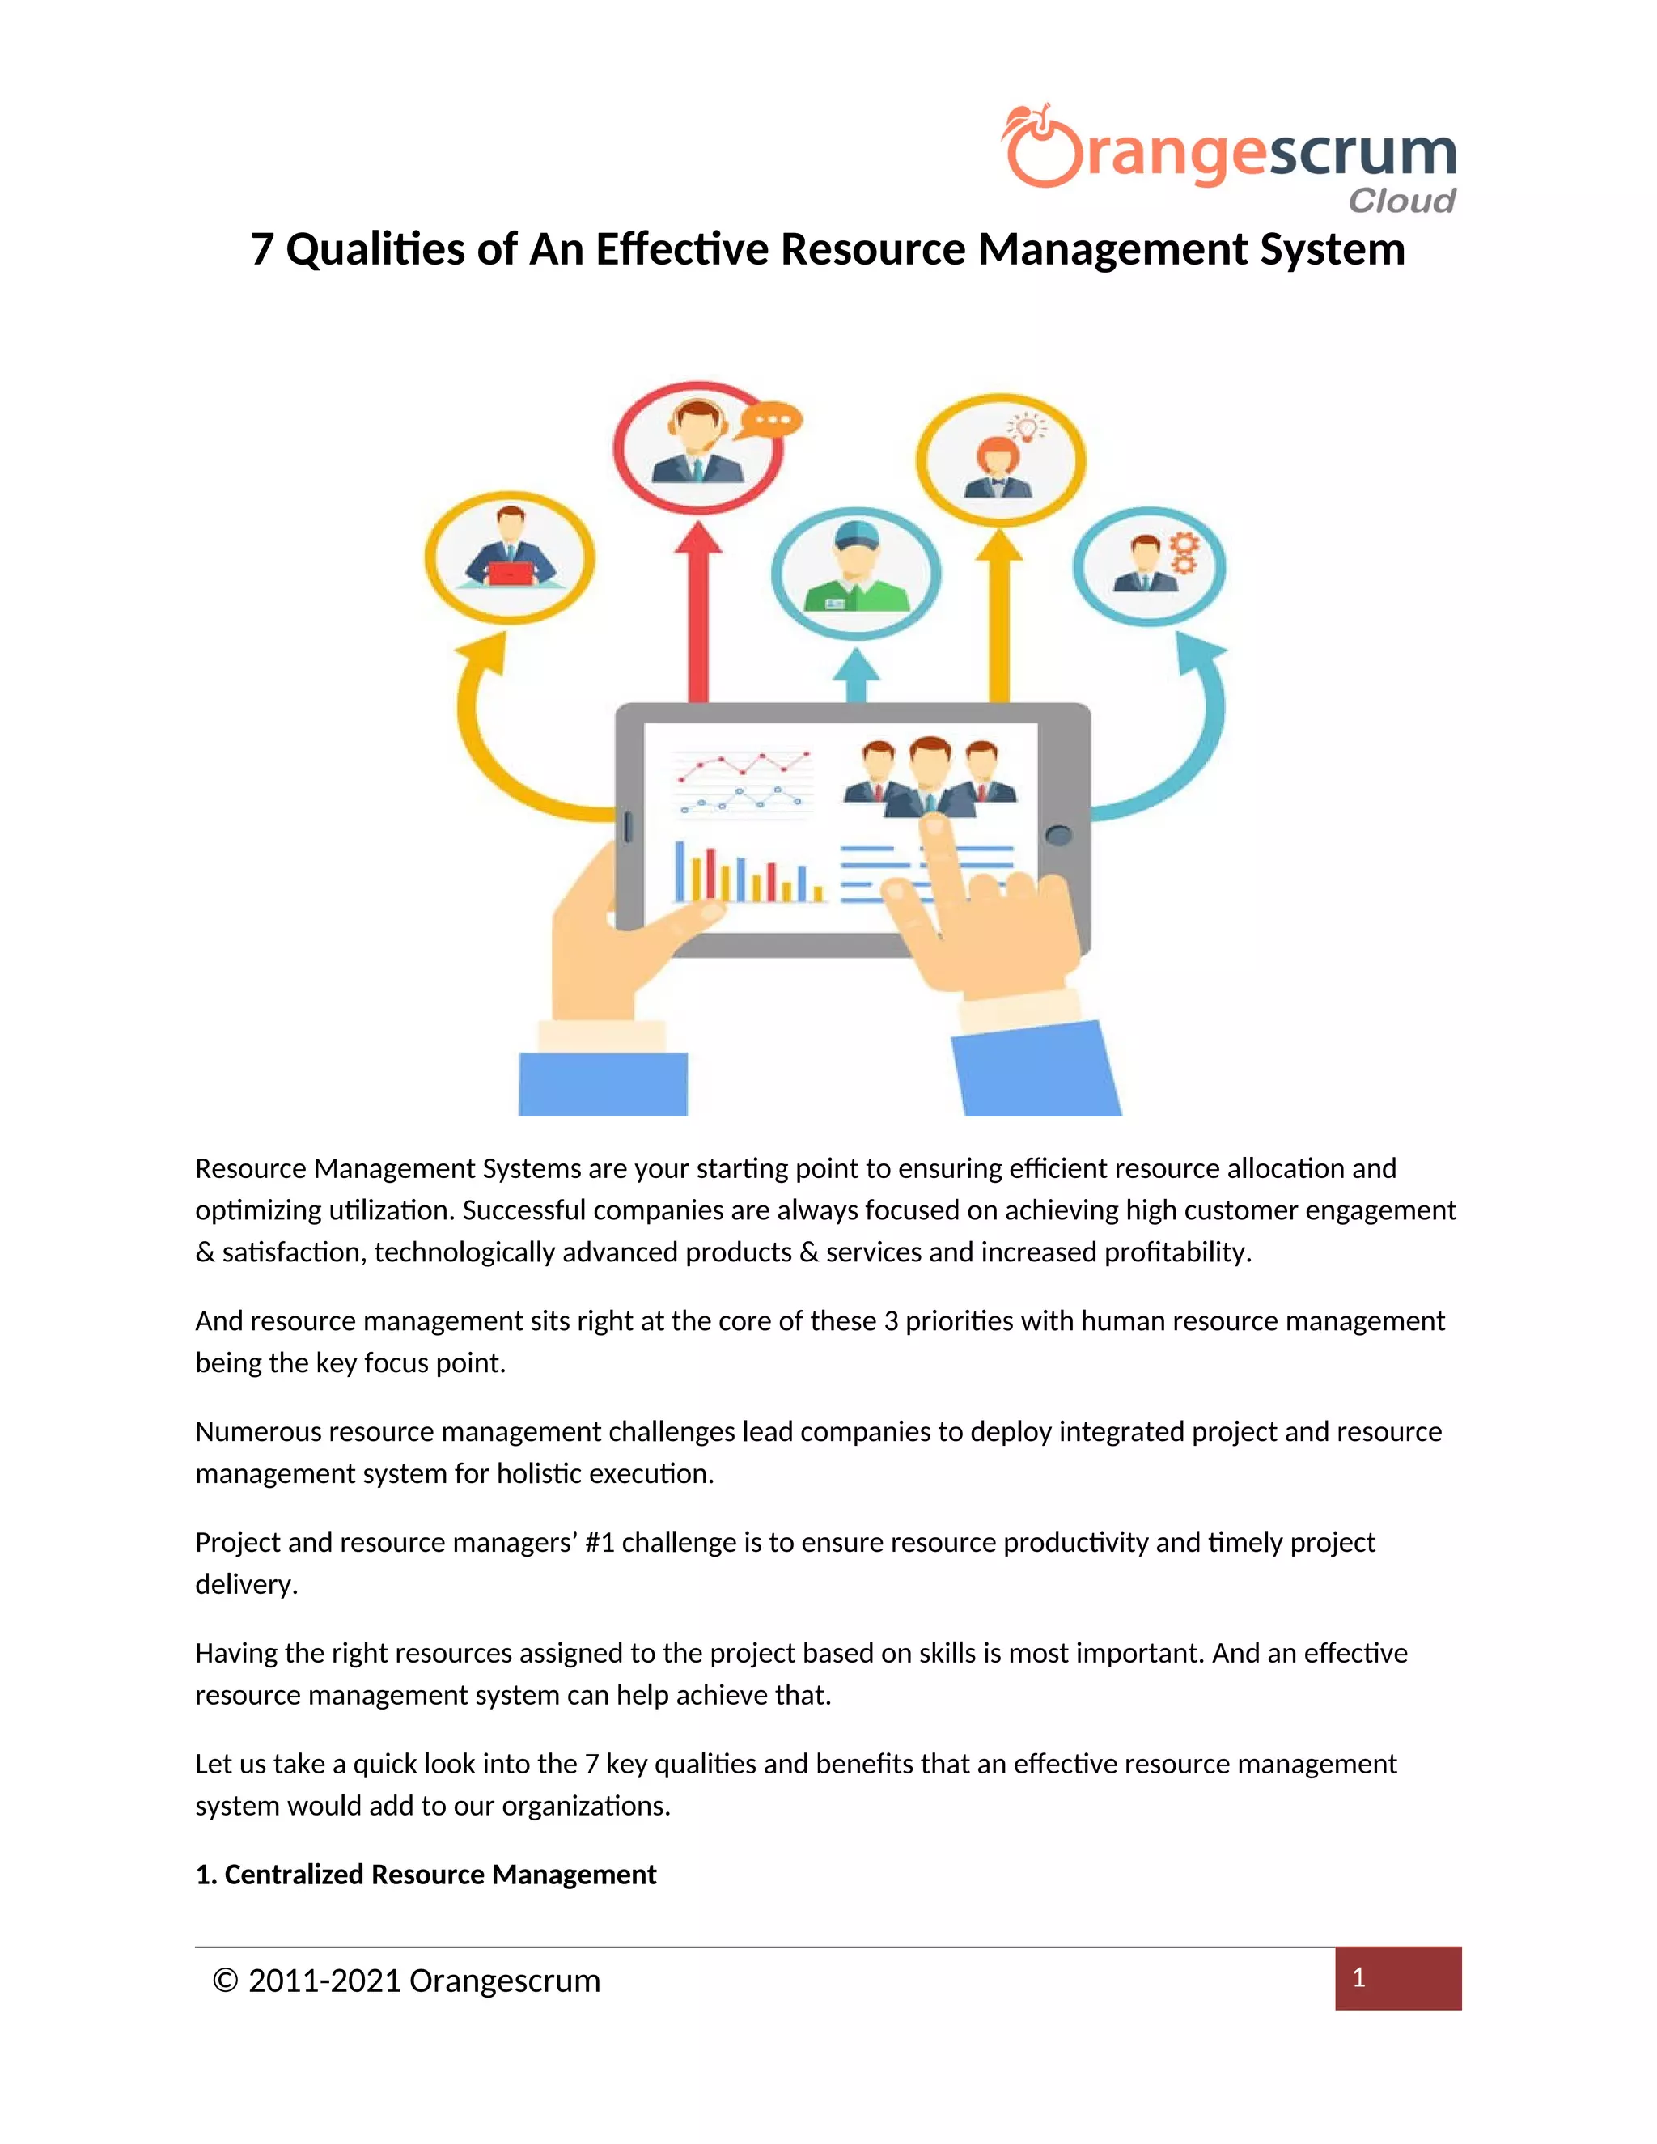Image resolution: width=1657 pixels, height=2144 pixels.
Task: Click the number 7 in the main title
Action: point(261,249)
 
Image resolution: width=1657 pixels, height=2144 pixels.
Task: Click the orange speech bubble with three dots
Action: point(772,420)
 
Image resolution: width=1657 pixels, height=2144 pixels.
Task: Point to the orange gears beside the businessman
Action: point(1184,553)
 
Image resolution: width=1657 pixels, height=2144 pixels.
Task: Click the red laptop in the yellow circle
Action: point(511,574)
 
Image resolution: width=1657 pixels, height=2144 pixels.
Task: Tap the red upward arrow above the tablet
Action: point(698,608)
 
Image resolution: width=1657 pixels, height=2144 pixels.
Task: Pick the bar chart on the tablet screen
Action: point(746,873)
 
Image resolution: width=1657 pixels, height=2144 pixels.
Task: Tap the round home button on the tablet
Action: point(1058,836)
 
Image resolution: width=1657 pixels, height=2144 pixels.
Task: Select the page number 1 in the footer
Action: point(1358,1977)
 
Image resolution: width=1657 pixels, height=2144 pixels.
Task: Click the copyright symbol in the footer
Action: point(226,1981)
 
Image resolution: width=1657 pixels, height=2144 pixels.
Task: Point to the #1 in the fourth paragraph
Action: point(599,1542)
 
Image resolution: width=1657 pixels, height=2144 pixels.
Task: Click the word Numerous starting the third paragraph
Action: point(258,1431)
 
